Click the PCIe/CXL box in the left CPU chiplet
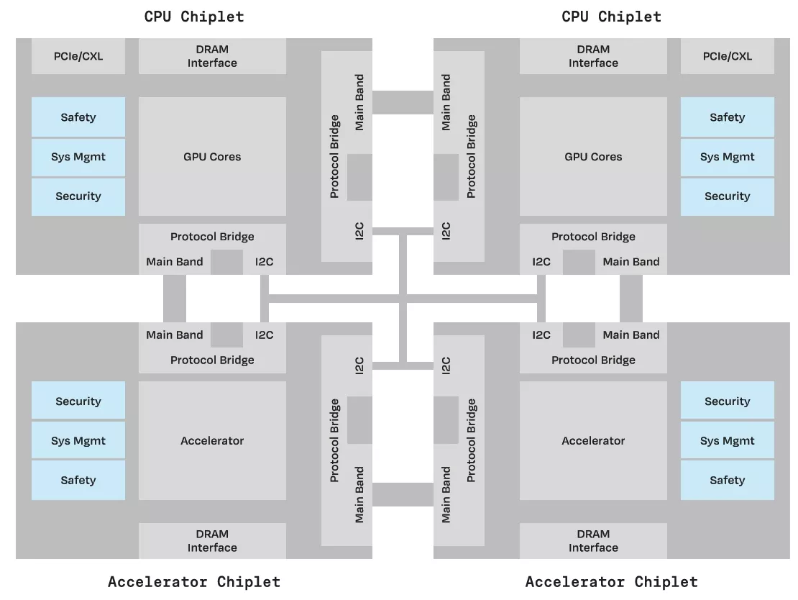(x=78, y=56)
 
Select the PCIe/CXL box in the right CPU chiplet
(x=727, y=56)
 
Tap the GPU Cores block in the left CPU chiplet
(x=212, y=157)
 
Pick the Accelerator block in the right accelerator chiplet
(x=593, y=441)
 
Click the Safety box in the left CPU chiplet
(x=78, y=117)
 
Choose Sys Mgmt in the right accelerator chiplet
(x=727, y=441)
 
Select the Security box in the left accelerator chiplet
(x=78, y=401)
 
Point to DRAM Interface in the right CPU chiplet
(x=593, y=56)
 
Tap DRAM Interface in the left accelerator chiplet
(x=212, y=541)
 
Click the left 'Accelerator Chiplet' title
(x=194, y=582)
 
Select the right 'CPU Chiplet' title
(x=611, y=17)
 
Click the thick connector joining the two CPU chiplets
(x=403, y=102)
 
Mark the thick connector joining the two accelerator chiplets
(x=403, y=494)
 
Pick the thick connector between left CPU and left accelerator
(x=175, y=299)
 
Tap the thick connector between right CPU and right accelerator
(x=630, y=299)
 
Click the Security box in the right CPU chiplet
(x=727, y=196)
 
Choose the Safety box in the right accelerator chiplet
(x=727, y=481)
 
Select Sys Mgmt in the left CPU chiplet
(x=78, y=157)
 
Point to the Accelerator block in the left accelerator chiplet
(x=212, y=441)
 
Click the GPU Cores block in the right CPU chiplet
(x=593, y=157)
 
